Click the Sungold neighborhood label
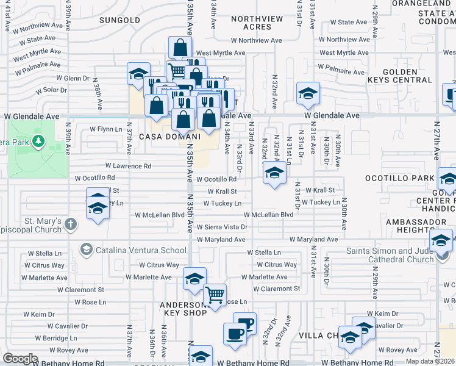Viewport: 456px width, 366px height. (120, 20)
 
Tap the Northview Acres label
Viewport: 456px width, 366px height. (257, 23)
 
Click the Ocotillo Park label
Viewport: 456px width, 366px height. (399, 178)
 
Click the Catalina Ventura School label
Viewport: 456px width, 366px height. (140, 250)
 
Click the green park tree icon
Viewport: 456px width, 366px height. (40, 142)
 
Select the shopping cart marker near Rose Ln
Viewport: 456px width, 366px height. (215, 295)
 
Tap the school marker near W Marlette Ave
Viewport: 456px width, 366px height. (194, 279)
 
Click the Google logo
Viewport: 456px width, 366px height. (20, 358)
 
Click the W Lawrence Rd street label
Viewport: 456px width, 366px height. (128, 166)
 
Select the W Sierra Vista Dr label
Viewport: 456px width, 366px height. (222, 227)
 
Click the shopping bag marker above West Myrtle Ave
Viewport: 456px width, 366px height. (180, 47)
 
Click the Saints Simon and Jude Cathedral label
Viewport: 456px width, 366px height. (390, 255)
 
